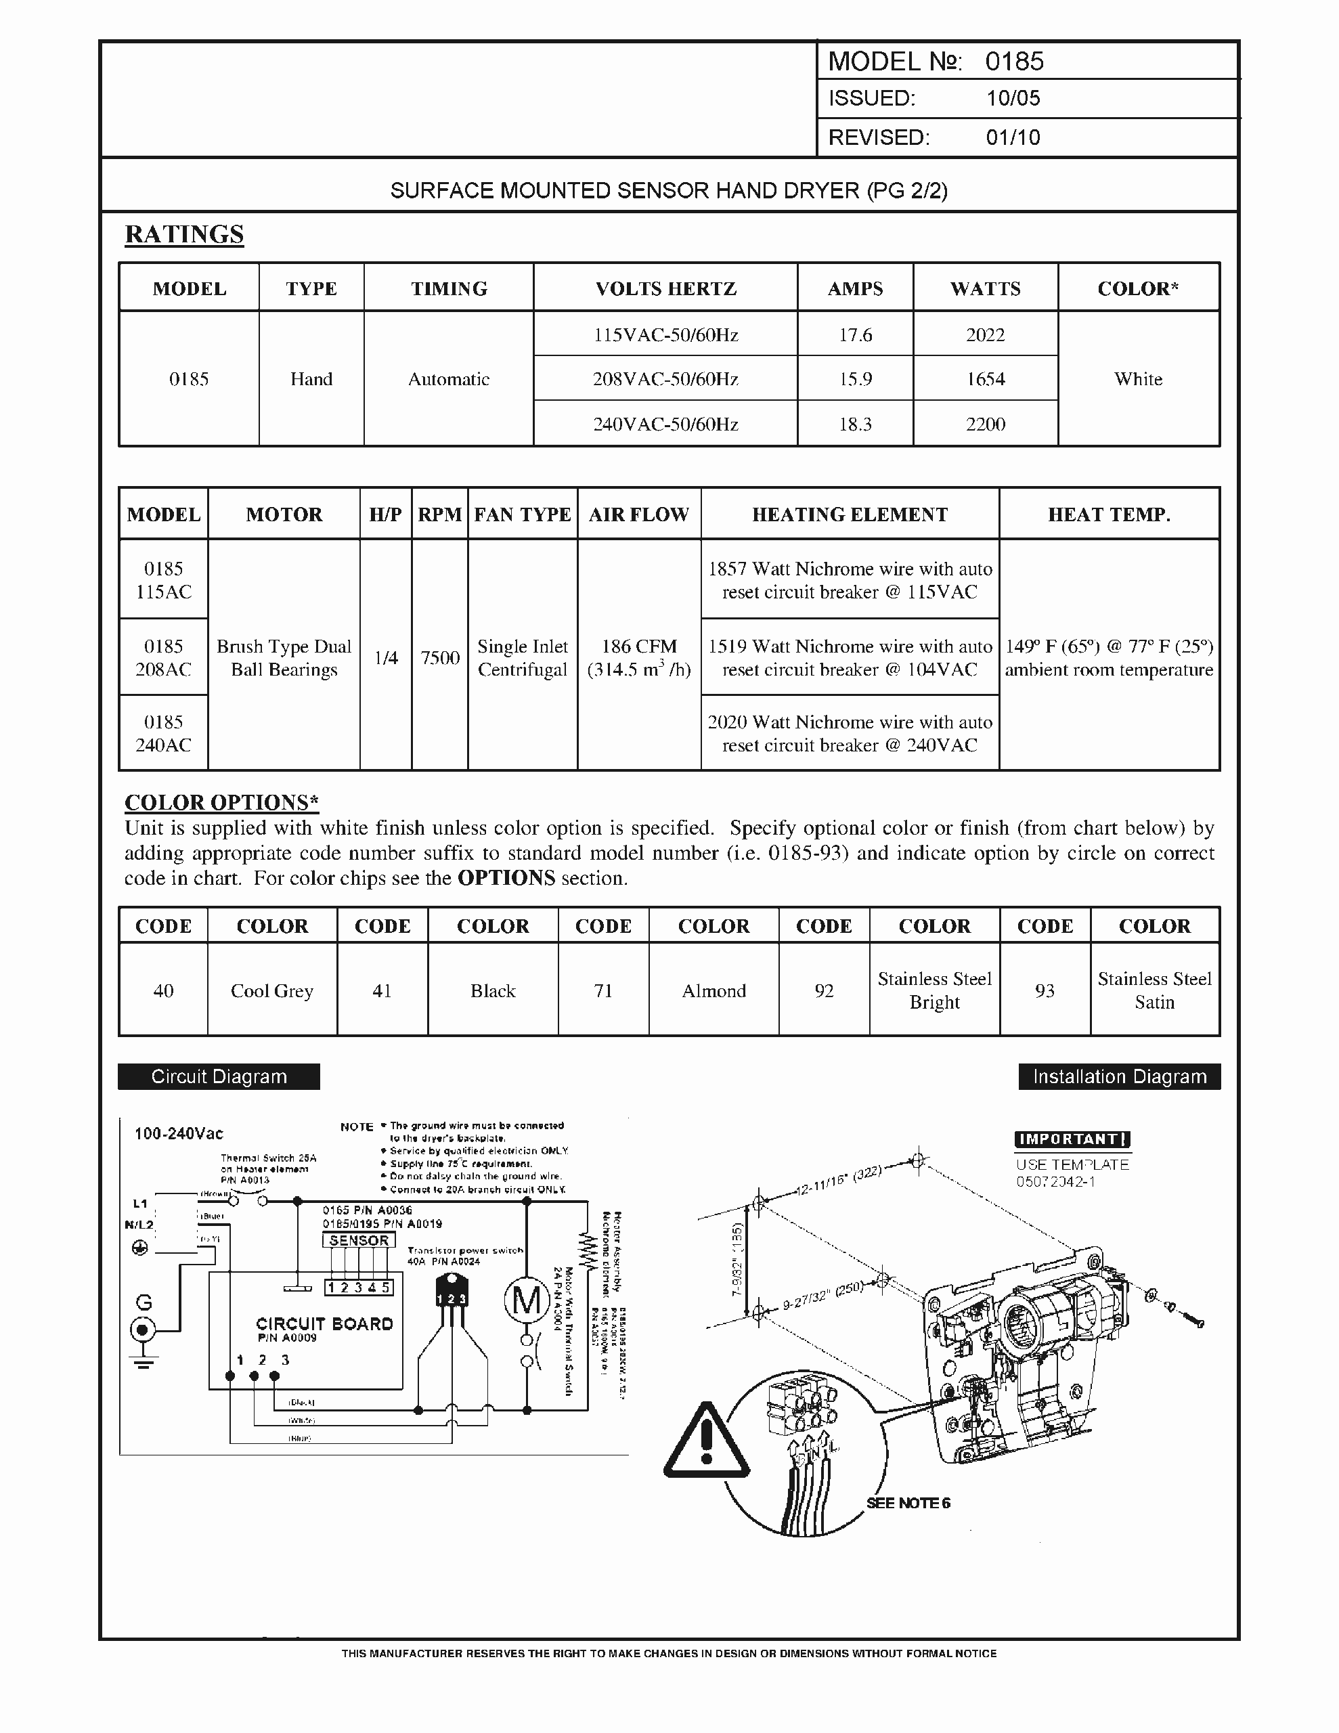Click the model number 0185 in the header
click(1013, 61)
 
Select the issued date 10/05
click(1012, 98)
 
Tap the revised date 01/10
click(1012, 137)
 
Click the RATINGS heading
click(184, 234)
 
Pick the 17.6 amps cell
click(855, 335)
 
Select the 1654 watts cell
click(985, 379)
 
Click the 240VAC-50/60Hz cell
click(665, 424)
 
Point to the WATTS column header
click(985, 289)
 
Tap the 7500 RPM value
click(440, 658)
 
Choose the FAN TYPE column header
click(523, 515)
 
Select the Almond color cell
click(714, 991)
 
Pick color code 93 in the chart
click(1045, 991)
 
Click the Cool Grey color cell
click(271, 991)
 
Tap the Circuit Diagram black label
click(219, 1077)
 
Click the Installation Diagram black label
click(1119, 1077)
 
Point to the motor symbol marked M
click(526, 1300)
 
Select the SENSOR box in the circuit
click(359, 1240)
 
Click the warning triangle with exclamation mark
click(705, 1441)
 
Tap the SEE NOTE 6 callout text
click(908, 1503)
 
